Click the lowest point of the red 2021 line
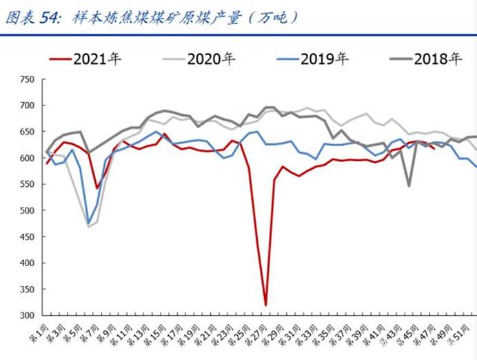click(265, 305)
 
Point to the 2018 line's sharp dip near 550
click(409, 186)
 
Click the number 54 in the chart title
click(50, 19)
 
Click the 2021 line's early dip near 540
click(97, 188)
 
